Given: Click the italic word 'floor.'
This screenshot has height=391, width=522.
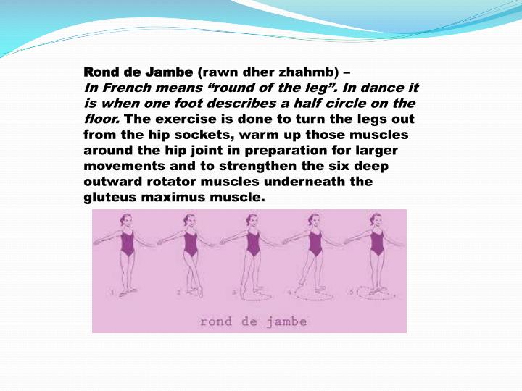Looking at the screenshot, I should pos(102,119).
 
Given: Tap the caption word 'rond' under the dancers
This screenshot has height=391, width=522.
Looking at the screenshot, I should pos(216,321).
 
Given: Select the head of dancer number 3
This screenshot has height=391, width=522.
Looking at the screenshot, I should pos(252,219).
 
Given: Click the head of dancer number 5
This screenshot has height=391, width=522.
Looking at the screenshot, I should pos(376,219).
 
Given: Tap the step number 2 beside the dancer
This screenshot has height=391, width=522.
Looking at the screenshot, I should pos(178,293).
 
